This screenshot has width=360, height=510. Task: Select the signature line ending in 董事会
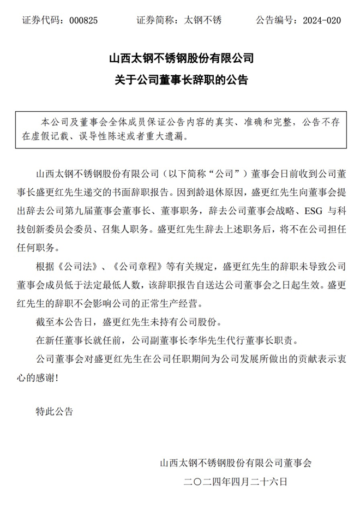236,463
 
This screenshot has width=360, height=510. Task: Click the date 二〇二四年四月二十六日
236,482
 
